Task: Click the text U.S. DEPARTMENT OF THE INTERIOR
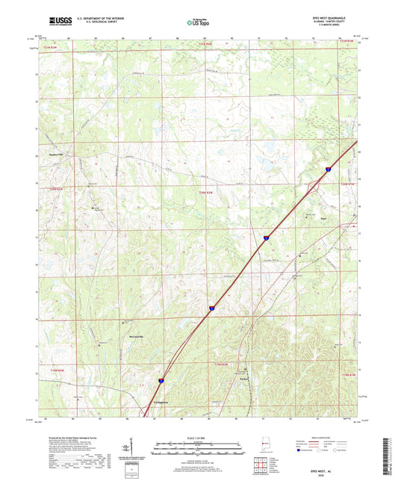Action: (x=99, y=19)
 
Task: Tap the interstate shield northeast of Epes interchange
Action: (x=327, y=171)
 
